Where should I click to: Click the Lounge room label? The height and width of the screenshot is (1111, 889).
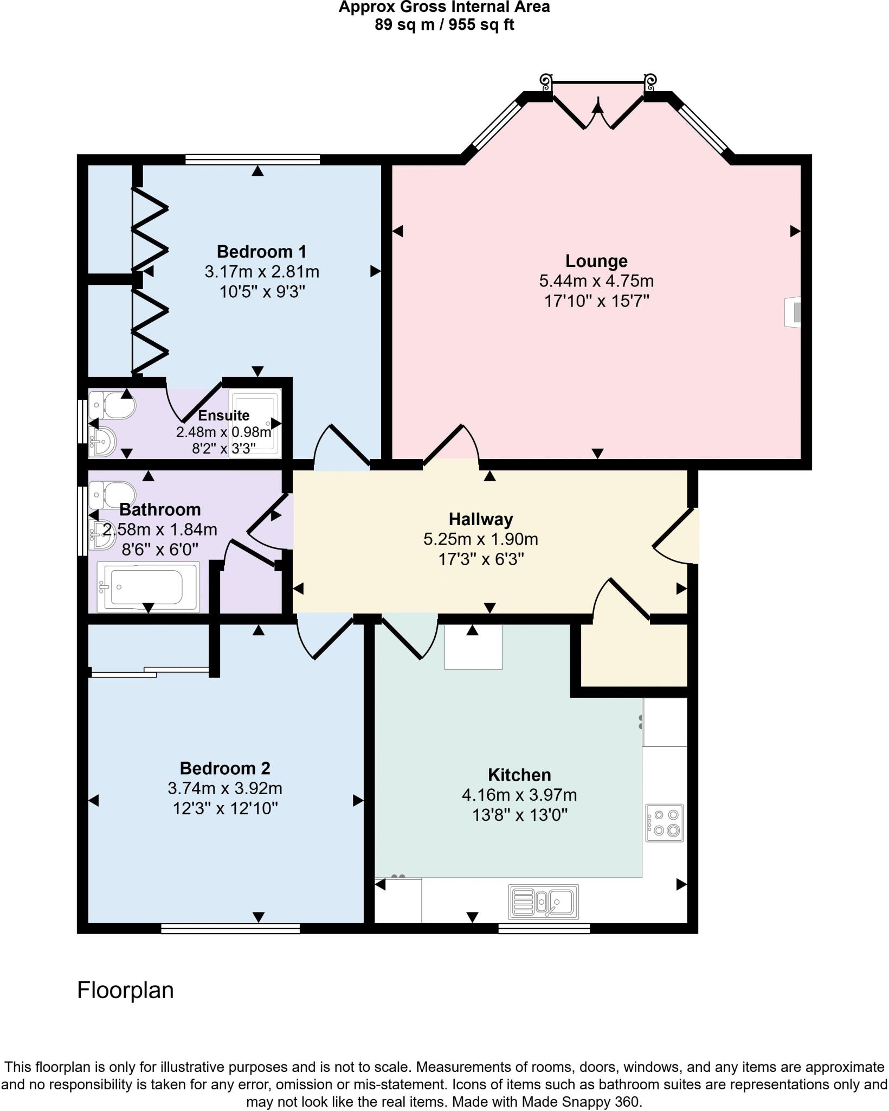596,261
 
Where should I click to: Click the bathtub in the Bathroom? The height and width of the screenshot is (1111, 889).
147,587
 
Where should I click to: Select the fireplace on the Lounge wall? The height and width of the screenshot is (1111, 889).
793,312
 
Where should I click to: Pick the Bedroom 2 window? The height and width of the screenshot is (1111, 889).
230,928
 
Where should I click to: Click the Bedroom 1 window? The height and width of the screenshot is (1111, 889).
252,159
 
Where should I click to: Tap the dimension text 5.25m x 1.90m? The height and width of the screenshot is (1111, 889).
480,539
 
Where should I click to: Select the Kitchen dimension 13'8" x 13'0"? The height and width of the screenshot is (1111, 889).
519,815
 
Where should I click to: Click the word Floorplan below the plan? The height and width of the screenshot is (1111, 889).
125,990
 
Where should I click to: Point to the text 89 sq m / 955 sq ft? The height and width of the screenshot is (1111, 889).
444,25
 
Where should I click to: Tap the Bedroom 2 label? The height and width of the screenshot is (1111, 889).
224,768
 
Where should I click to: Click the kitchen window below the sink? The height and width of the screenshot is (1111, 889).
544,928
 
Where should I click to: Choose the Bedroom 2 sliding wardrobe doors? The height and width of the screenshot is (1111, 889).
150,672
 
